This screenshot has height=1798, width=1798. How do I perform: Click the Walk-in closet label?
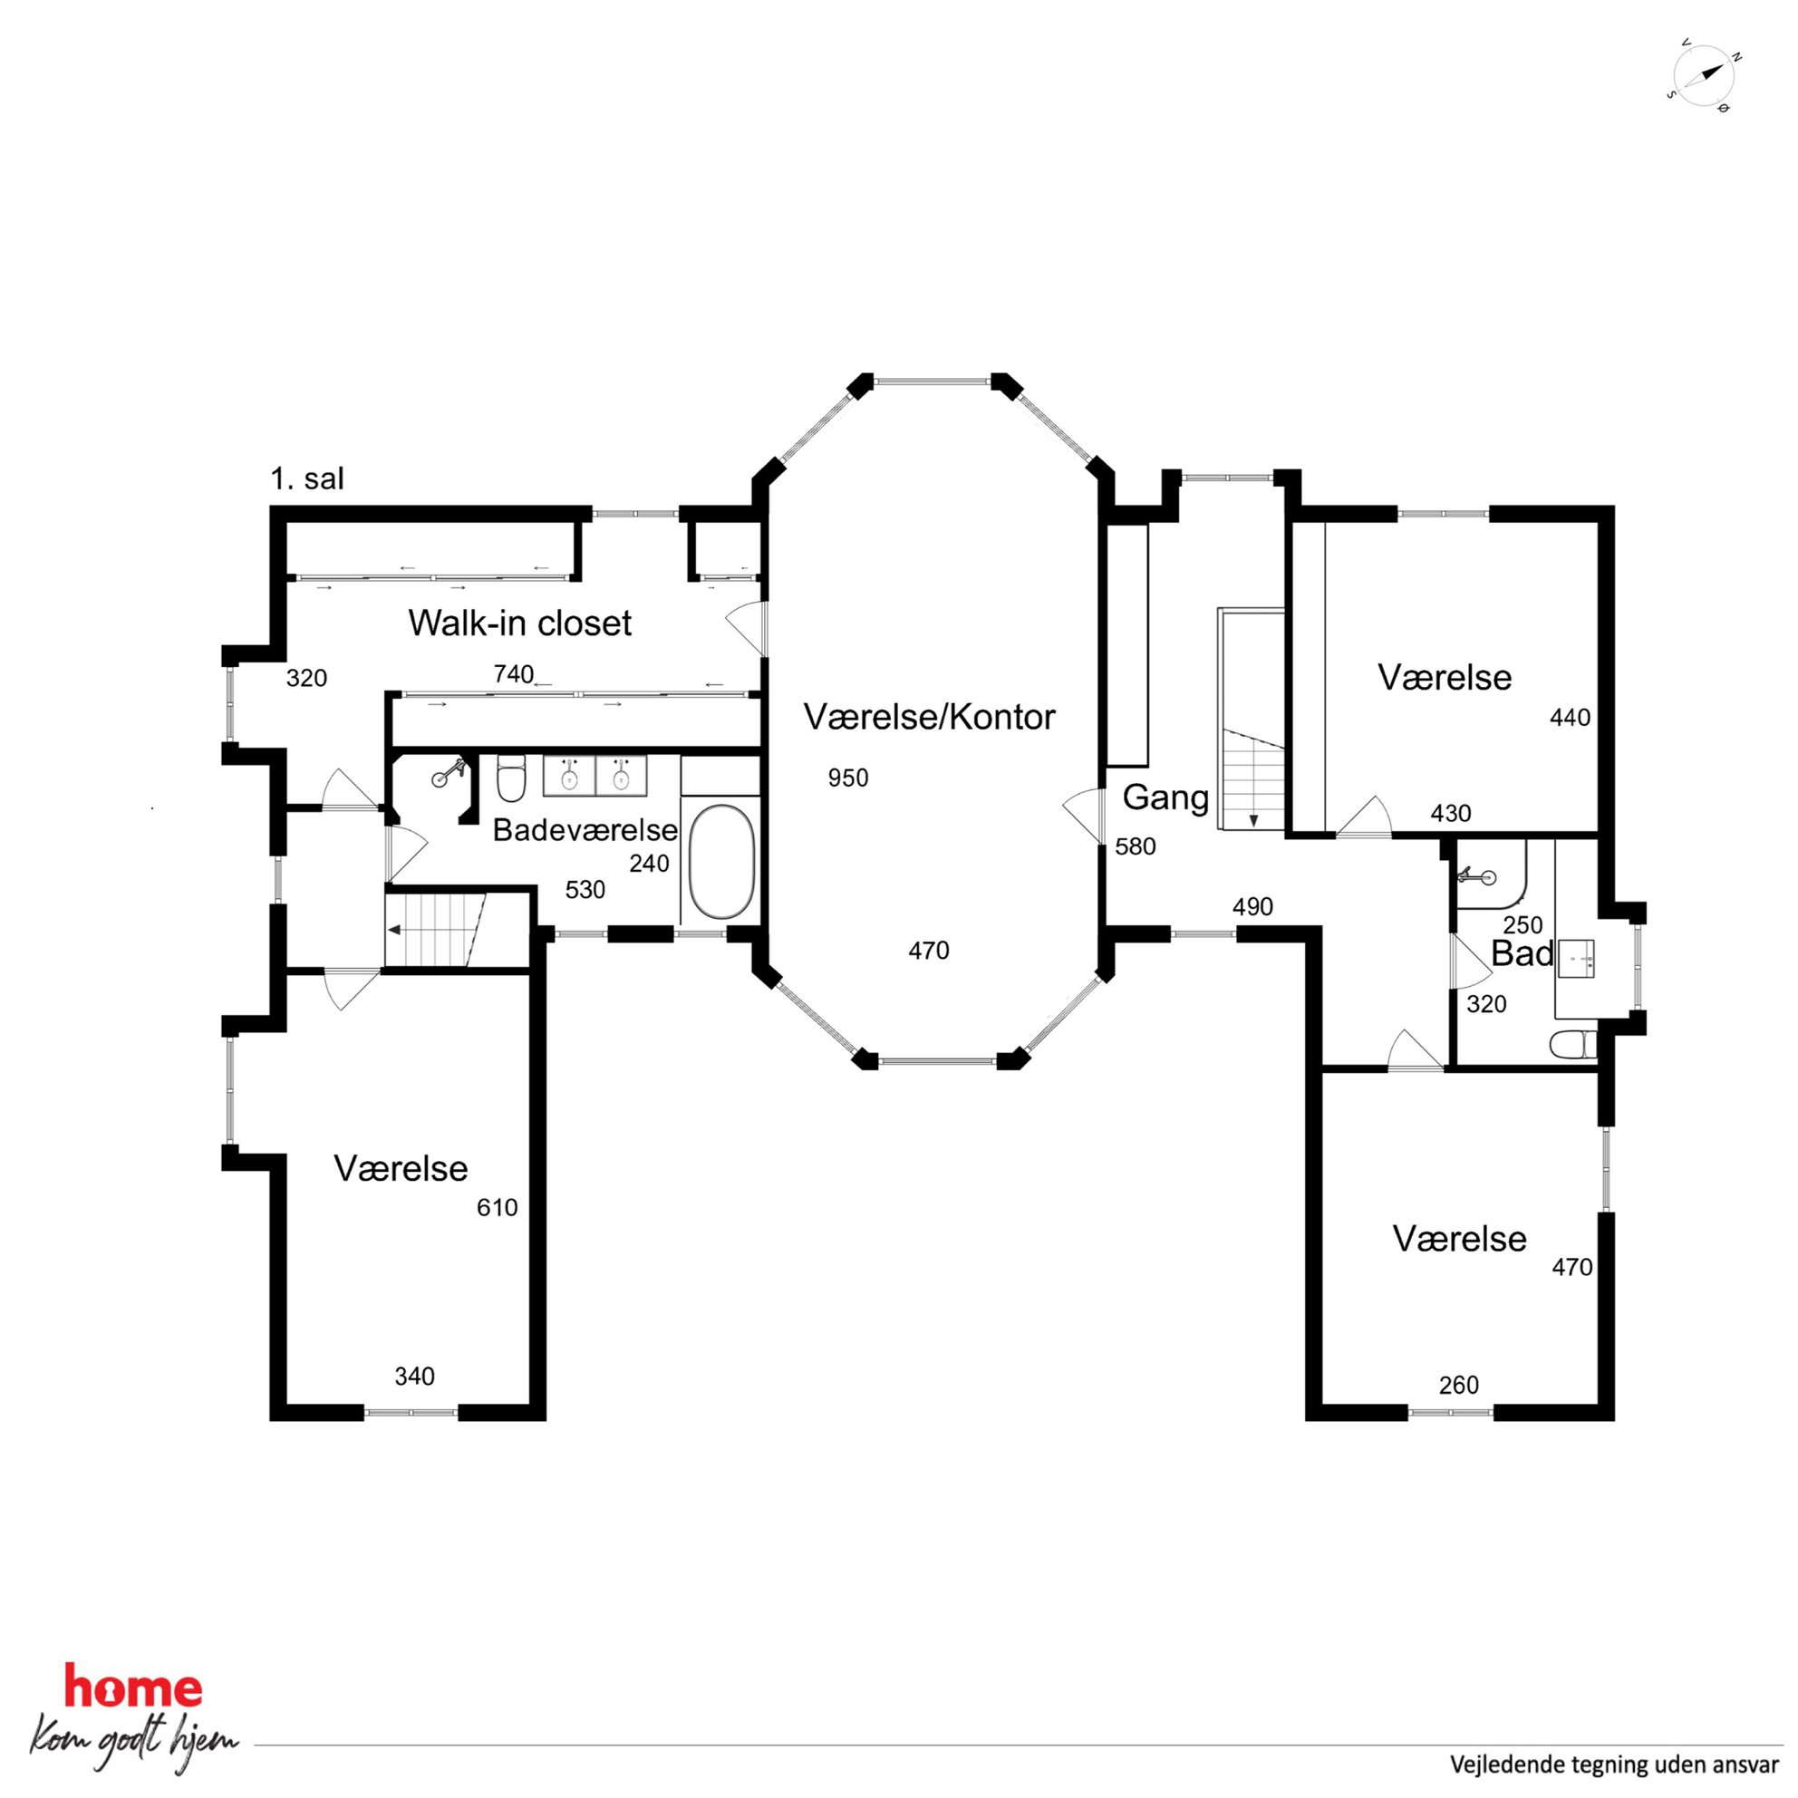pos(519,623)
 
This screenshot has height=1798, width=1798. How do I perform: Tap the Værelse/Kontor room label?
pos(929,717)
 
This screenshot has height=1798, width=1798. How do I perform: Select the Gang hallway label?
pos(1165,797)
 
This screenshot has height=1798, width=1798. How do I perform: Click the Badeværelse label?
pos(585,829)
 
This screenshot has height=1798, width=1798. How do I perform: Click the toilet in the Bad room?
pos(1572,1044)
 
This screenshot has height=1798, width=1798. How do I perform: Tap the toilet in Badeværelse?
pos(511,778)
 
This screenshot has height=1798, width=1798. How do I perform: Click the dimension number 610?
pos(497,1207)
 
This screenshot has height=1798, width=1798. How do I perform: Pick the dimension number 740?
pos(514,673)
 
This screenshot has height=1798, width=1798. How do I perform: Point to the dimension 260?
pos(1458,1385)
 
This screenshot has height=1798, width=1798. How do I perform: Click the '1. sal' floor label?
pos(307,478)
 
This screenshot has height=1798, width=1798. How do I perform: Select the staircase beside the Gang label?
pos(1252,719)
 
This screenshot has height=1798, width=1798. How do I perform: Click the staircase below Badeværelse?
pos(436,929)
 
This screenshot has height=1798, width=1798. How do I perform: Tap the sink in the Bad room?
pos(1576,956)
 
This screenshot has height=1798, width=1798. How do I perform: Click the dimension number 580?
pos(1136,846)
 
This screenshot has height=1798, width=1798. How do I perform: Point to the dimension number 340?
pos(414,1376)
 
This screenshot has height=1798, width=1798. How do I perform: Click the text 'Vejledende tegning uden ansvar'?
pos(1614,1764)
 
